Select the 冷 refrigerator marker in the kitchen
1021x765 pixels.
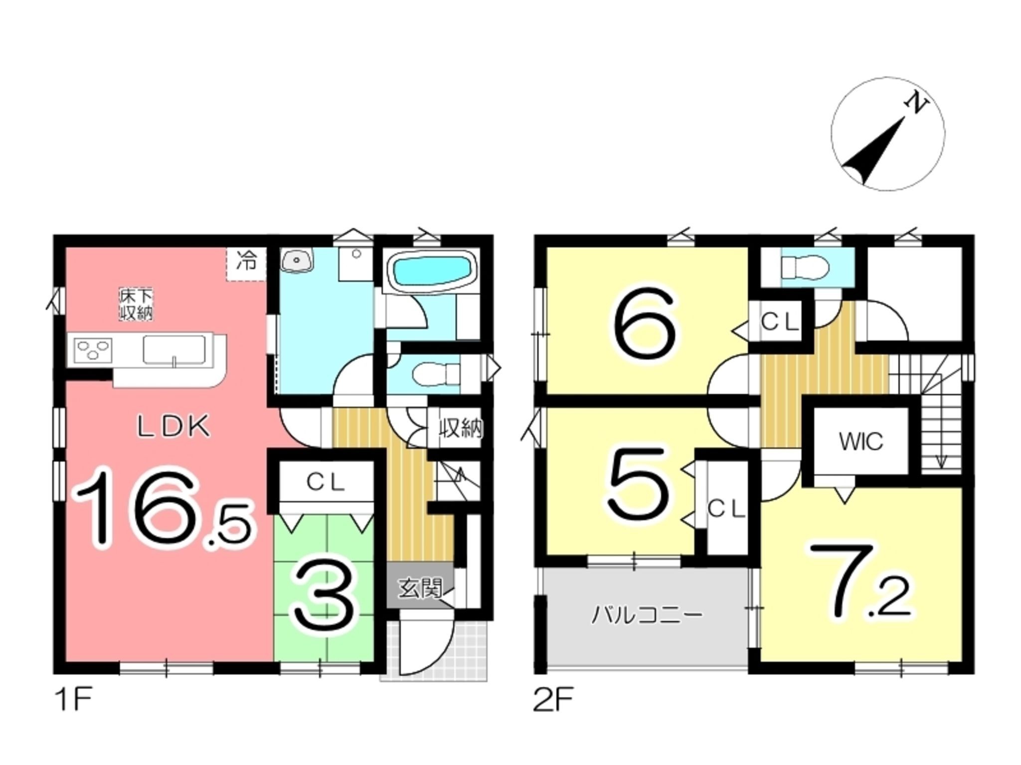(246, 261)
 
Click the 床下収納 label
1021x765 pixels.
(136, 305)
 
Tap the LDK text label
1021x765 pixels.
(173, 427)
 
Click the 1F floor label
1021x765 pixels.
(73, 699)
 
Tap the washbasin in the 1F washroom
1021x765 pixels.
(298, 260)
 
